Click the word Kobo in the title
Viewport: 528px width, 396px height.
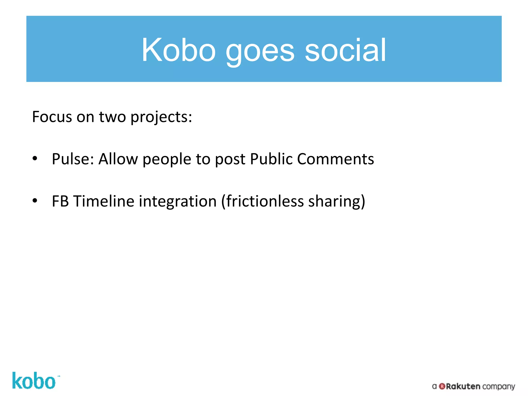point(178,50)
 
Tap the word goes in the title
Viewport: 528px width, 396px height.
point(260,52)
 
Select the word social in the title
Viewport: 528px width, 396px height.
point(345,50)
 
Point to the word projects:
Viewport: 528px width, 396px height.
point(161,118)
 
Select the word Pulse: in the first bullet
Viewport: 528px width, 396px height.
point(73,159)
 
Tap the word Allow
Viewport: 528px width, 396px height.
point(118,159)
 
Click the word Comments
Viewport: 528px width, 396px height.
point(335,159)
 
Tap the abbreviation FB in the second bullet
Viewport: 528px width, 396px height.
point(60,201)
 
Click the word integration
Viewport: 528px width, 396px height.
point(178,202)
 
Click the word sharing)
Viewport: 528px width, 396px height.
point(337,202)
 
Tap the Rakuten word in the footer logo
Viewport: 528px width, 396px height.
point(463,386)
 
